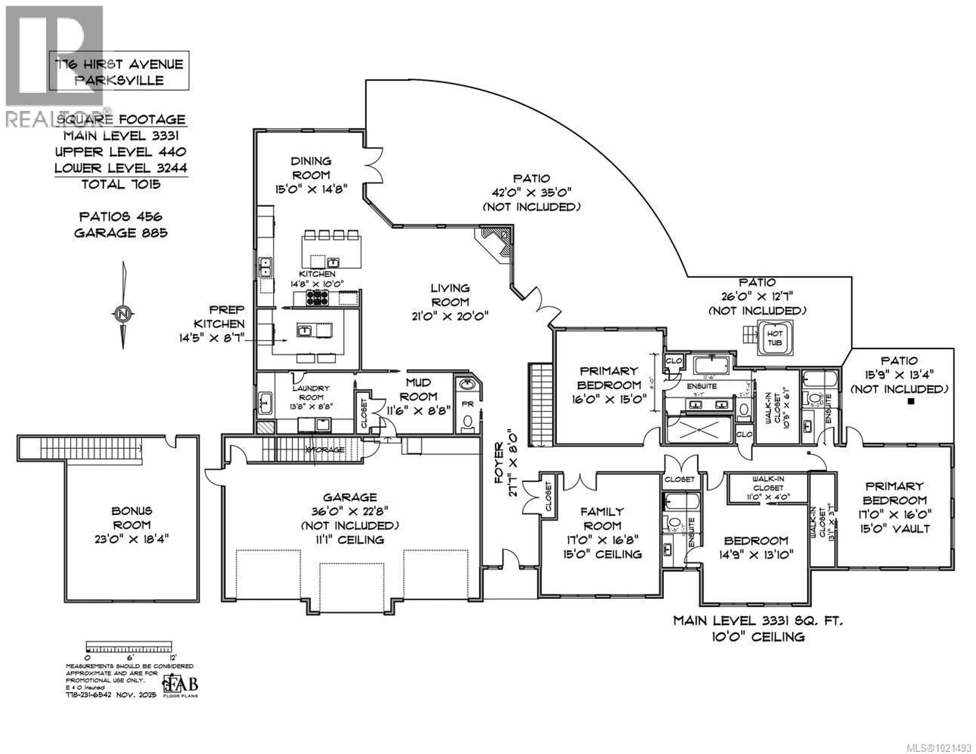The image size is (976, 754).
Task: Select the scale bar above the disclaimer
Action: click(x=129, y=648)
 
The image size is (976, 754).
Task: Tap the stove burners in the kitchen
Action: click(x=317, y=298)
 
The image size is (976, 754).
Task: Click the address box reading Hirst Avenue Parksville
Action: click(x=119, y=71)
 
